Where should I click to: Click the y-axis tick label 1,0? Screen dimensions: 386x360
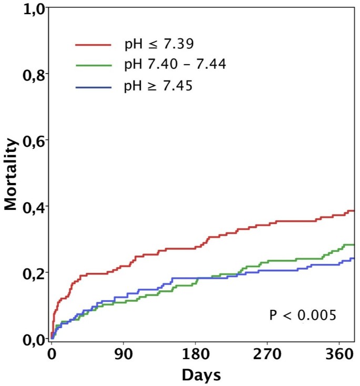coord(33,9)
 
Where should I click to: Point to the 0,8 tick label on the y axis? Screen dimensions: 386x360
coord(33,74)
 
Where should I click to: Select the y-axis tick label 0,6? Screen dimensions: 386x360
coord(33,140)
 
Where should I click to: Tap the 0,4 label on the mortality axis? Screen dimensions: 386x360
coord(33,207)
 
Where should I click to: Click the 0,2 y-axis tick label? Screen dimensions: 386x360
coord(33,273)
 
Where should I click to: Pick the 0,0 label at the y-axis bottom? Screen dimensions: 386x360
coord(33,339)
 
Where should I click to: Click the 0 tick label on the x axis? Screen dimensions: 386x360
coord(52,355)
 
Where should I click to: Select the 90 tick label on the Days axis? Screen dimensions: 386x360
coord(124,355)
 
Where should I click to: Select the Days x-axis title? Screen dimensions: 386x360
coord(201,375)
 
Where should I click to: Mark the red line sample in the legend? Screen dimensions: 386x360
coord(93,45)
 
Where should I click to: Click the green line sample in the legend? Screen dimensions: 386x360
coord(93,65)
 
